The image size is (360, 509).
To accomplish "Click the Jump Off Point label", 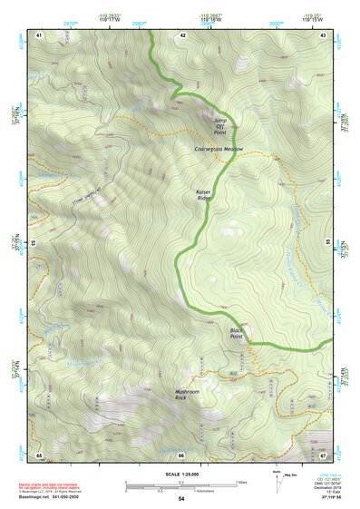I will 220,126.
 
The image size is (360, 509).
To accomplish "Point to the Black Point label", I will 237,333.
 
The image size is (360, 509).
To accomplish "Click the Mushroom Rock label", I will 187,394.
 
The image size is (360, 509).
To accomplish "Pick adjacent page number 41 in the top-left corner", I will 39,34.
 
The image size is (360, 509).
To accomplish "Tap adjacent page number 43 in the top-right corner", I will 323,34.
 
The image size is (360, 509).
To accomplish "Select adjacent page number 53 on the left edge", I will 35,244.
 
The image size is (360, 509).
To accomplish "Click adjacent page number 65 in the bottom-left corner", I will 39,454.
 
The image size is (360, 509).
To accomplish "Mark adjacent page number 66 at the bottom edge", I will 181,454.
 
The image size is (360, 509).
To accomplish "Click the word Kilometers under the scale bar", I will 189,489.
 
